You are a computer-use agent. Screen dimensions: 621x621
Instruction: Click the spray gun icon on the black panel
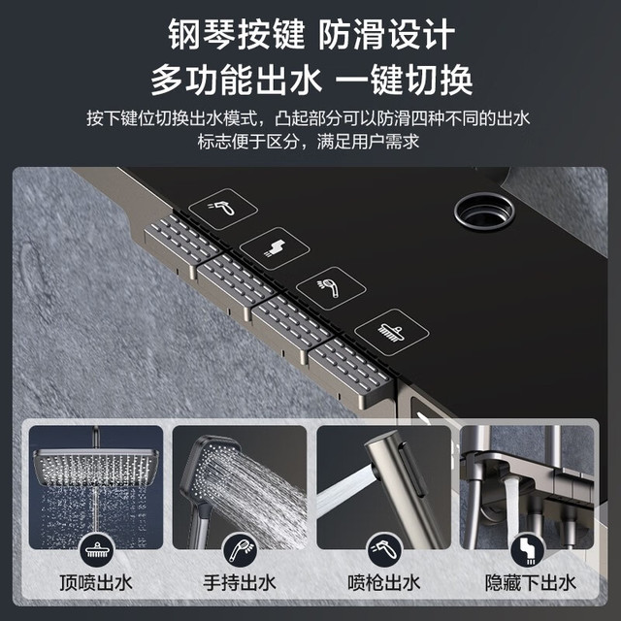[x=222, y=209]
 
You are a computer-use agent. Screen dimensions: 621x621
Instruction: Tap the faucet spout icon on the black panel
[x=275, y=248]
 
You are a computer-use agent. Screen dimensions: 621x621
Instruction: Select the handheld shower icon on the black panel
[x=331, y=288]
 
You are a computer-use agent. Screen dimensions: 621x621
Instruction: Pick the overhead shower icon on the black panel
[x=391, y=332]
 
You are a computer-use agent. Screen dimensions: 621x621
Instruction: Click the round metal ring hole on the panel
[x=484, y=212]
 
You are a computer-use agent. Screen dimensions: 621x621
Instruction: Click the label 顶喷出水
[x=96, y=583]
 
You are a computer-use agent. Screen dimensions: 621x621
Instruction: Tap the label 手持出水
[x=240, y=583]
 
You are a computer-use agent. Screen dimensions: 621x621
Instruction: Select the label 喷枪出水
[x=384, y=583]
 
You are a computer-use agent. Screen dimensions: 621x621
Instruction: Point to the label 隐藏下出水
[x=531, y=583]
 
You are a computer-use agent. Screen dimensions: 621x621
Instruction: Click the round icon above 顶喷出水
[x=97, y=550]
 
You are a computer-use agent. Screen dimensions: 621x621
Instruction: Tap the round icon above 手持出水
[x=240, y=550]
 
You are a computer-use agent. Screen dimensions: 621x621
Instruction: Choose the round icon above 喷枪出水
[x=384, y=550]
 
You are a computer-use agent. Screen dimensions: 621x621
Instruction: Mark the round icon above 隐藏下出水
[x=528, y=550]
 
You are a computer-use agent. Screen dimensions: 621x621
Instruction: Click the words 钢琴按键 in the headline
[x=237, y=35]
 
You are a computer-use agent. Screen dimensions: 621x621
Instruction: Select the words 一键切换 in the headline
[x=404, y=80]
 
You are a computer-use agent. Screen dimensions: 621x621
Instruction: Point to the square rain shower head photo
[x=96, y=487]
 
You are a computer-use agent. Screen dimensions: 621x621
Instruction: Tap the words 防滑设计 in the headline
[x=386, y=35]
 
